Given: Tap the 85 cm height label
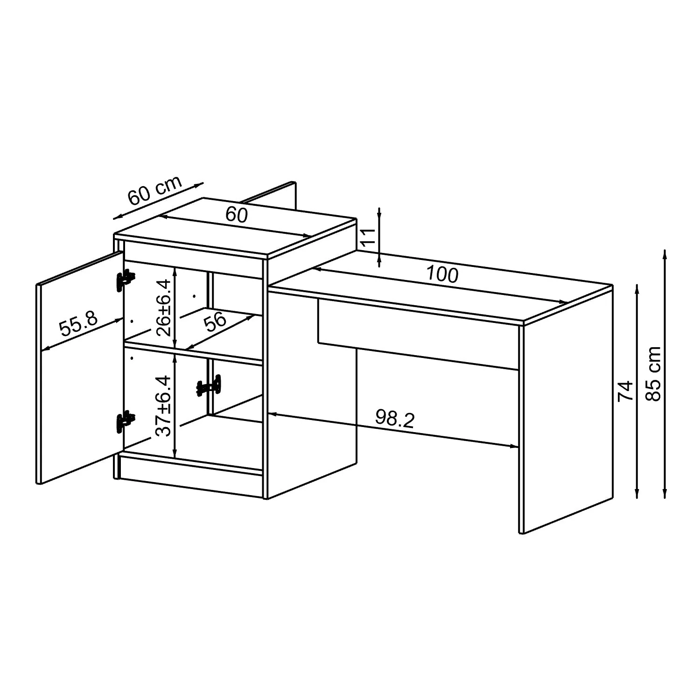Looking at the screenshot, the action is pyautogui.click(x=654, y=373).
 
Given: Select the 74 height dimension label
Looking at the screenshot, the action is pyautogui.click(x=625, y=391).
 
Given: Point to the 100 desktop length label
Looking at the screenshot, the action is pyautogui.click(x=442, y=274).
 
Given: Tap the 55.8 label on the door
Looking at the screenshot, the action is pyautogui.click(x=78, y=323).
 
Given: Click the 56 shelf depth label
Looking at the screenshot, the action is pyautogui.click(x=216, y=322).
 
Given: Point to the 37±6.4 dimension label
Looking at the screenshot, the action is pyautogui.click(x=164, y=405).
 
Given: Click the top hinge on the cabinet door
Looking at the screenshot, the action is pyautogui.click(x=125, y=280).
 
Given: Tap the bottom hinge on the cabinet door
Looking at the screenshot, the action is pyautogui.click(x=125, y=422).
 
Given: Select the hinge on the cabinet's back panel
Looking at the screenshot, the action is pyautogui.click(x=209, y=386).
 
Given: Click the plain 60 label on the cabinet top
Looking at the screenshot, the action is pyautogui.click(x=237, y=215).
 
